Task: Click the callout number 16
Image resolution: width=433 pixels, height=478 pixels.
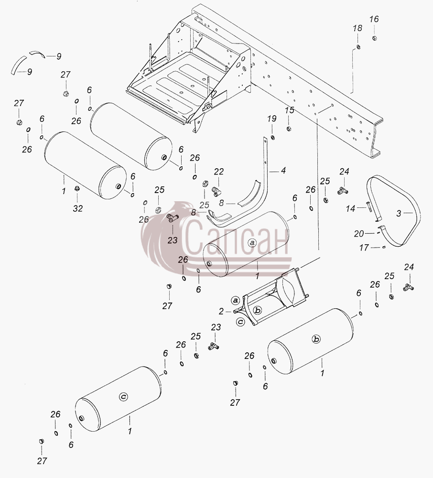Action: point(374,19)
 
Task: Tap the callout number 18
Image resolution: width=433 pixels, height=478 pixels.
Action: point(357,28)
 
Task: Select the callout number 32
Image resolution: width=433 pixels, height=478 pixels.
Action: point(78,208)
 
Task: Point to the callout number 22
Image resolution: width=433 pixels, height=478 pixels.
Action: point(219,172)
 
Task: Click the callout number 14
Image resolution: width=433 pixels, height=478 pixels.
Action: point(350,208)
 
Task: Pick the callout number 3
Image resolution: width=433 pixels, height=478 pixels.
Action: point(399,214)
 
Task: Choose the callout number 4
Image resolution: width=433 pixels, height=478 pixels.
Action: point(283,171)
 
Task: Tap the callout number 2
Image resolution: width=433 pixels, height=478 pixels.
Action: point(221,311)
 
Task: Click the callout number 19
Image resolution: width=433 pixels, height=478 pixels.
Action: point(272,119)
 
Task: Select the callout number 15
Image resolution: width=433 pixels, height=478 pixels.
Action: point(290,110)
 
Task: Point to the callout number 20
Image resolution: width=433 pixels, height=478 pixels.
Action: point(358,234)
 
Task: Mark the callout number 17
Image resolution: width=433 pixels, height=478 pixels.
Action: point(364,248)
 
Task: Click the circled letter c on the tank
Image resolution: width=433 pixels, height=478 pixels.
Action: point(123,397)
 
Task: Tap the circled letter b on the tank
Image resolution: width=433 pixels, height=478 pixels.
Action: point(316,339)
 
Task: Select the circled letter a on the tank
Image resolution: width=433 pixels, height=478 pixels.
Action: point(252,243)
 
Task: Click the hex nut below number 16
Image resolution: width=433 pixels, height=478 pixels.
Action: point(375,38)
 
